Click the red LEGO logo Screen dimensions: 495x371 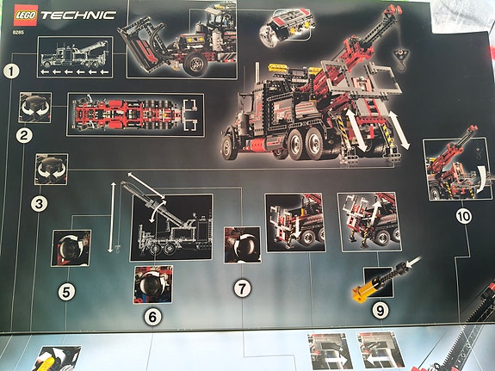coord(26,15)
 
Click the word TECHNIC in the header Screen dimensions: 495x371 coord(78,15)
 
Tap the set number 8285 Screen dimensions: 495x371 coord(19,32)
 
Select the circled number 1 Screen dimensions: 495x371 coord(11,71)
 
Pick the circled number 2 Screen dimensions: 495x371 coord(24,136)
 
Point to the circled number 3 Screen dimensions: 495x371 coord(39,204)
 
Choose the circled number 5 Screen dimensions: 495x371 coord(66,292)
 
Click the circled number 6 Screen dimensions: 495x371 coord(152,317)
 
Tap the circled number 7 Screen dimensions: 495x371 coord(242,288)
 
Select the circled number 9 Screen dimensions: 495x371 coord(381,311)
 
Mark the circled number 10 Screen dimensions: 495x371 coord(464,217)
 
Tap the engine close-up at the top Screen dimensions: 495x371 coord(285,27)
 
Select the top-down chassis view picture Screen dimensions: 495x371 coord(135,114)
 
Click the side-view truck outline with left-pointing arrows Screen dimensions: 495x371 coord(75,57)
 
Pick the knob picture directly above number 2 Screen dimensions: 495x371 coord(35,108)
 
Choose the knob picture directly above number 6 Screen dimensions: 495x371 coord(153,284)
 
